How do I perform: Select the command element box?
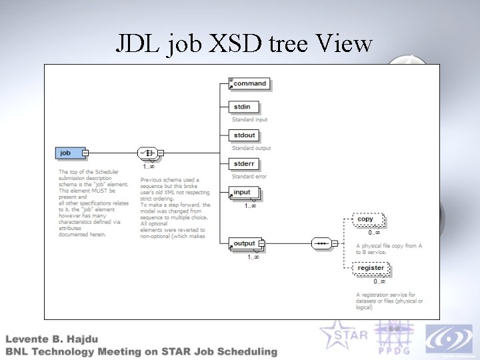249,84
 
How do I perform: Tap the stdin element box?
244,107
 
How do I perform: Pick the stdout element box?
245,135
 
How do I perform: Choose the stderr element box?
245,164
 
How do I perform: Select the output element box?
246,244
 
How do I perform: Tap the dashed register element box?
371,269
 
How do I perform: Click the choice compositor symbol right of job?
147,153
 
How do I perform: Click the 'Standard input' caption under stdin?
250,119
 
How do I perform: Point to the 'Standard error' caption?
249,177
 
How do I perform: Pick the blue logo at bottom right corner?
448,339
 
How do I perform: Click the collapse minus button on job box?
85,153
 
